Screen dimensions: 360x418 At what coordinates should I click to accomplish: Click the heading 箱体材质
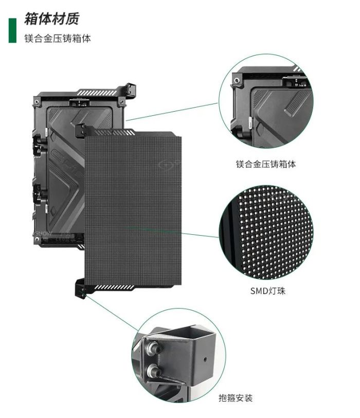click(x=52, y=19)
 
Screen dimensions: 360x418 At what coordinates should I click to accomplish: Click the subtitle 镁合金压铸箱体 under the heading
click(x=58, y=39)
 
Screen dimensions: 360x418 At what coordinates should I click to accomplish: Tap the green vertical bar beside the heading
click(x=12, y=30)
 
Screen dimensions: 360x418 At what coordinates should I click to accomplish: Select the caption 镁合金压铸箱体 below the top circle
click(x=266, y=164)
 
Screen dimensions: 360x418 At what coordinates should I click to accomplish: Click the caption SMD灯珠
click(x=267, y=290)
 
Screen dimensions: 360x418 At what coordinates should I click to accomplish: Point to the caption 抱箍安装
click(x=236, y=398)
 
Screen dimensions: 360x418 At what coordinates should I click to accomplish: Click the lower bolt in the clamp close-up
click(x=154, y=370)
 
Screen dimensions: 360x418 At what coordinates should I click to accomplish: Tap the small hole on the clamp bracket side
click(x=205, y=359)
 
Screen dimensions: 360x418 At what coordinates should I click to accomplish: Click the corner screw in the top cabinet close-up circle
click(x=237, y=80)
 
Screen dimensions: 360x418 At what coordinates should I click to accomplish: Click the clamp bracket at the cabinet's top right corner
click(x=131, y=90)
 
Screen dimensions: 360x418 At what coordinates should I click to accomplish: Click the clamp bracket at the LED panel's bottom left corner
click(x=80, y=288)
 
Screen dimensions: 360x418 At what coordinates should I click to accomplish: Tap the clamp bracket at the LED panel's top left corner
click(x=80, y=130)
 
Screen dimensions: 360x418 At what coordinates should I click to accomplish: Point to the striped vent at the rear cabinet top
click(x=97, y=93)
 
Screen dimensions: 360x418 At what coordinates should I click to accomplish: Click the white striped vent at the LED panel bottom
click(x=114, y=287)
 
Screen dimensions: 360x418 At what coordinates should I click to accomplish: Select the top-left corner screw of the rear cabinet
click(x=37, y=101)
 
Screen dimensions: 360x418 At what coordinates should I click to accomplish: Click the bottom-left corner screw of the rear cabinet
click(x=37, y=239)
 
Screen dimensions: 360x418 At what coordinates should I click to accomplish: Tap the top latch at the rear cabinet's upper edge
click(x=79, y=102)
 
